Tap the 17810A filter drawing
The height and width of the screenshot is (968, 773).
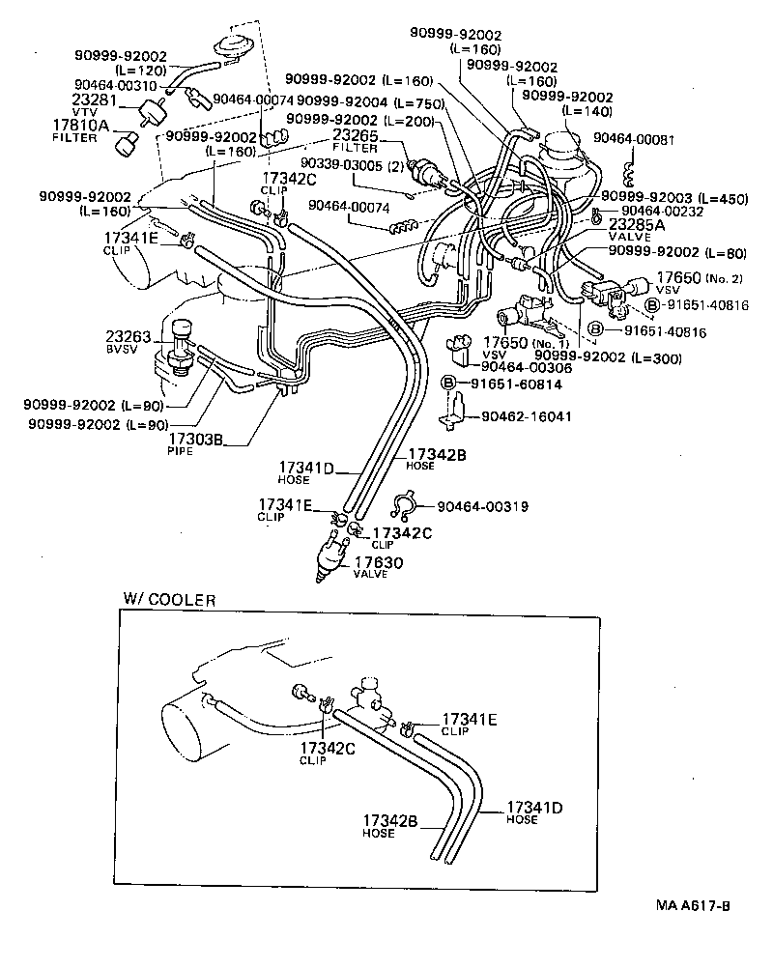coord(125,146)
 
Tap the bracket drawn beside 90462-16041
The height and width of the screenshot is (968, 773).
coord(448,415)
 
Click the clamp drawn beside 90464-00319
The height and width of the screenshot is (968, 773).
coord(403,505)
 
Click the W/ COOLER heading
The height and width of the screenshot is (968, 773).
coord(169,599)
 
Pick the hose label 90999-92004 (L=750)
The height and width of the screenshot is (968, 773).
coord(368,100)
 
